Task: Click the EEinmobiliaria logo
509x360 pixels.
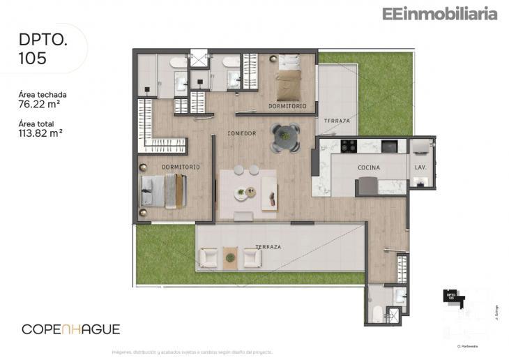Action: click(439, 13)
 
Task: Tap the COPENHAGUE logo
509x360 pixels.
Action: click(71, 329)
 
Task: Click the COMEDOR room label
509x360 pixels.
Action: click(242, 133)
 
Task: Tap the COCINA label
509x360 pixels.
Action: click(368, 167)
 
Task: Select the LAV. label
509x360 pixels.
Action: click(420, 167)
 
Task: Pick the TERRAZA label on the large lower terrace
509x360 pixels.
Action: click(268, 247)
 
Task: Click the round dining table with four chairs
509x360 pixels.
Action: click(285, 137)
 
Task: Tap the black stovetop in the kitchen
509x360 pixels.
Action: click(348, 146)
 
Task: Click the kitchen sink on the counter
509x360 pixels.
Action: click(390, 146)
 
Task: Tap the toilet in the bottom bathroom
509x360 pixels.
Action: click(377, 311)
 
